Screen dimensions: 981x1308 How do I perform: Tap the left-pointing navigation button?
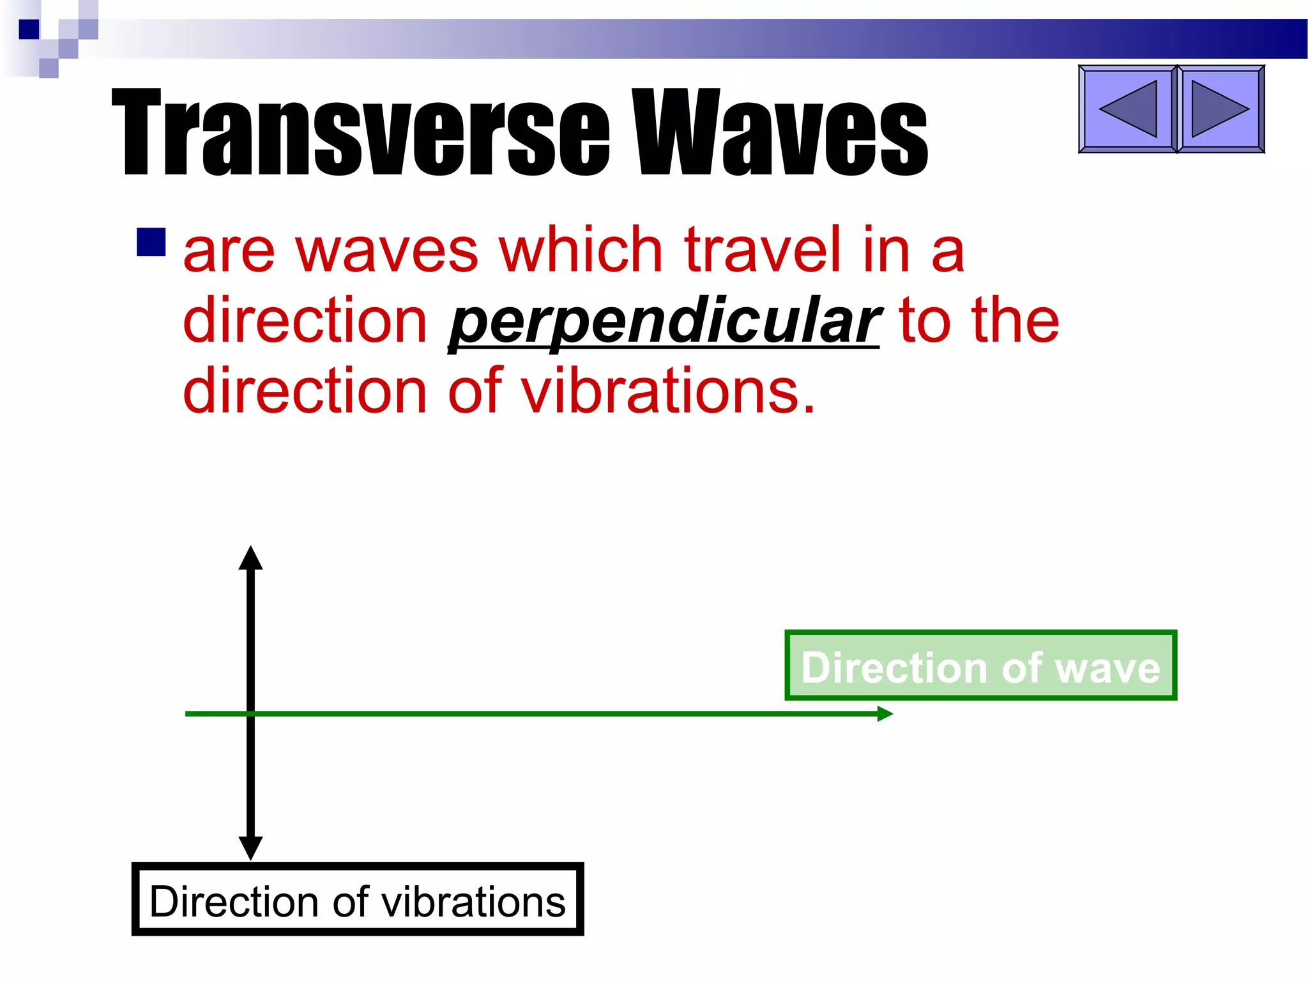coord(1127,109)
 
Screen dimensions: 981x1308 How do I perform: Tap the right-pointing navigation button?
coord(1220,109)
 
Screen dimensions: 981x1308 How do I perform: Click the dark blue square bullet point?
coord(151,242)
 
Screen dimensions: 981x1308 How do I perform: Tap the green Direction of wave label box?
coord(980,665)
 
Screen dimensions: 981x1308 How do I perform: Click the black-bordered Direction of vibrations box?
coord(357,900)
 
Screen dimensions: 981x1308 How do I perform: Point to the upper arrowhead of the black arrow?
coord(250,558)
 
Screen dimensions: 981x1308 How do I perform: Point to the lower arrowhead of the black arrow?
coord(250,848)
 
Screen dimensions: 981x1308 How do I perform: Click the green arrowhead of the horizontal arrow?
coord(885,713)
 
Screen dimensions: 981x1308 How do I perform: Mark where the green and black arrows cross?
coord(250,713)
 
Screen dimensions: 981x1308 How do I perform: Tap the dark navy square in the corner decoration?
coord(29,29)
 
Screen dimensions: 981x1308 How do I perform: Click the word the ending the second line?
coord(1015,320)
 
